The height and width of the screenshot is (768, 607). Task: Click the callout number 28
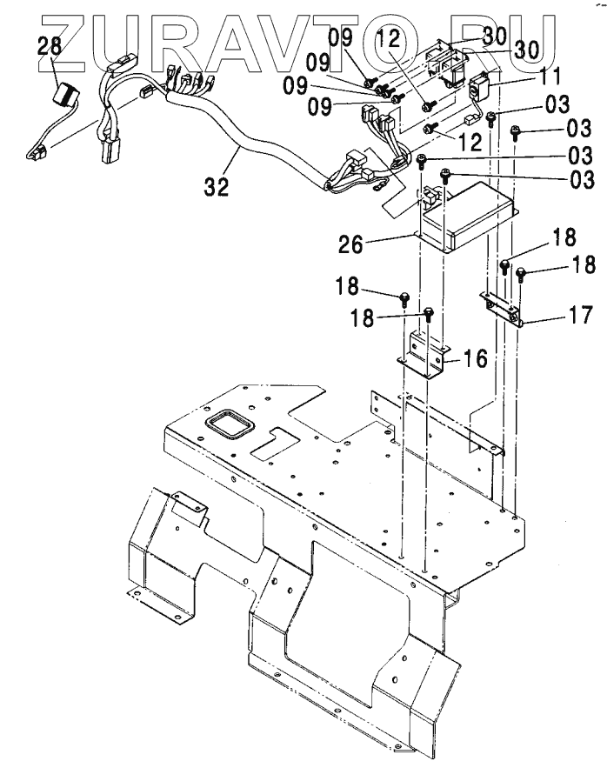(50, 46)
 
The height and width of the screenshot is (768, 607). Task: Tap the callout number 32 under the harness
(217, 186)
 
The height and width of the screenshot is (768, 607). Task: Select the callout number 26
(350, 244)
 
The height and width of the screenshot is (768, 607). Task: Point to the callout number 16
(474, 358)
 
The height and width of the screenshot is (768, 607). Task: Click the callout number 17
(581, 315)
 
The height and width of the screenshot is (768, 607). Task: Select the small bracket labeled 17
(501, 308)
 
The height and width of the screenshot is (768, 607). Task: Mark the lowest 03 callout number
(582, 179)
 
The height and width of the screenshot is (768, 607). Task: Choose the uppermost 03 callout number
(557, 104)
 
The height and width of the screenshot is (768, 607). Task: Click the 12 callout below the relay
(470, 142)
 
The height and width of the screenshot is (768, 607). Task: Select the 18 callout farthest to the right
(583, 264)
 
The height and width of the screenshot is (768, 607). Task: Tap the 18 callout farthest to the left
(347, 285)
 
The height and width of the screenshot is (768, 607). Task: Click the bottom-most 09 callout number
(320, 106)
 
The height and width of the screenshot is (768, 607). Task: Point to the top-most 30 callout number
(494, 36)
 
